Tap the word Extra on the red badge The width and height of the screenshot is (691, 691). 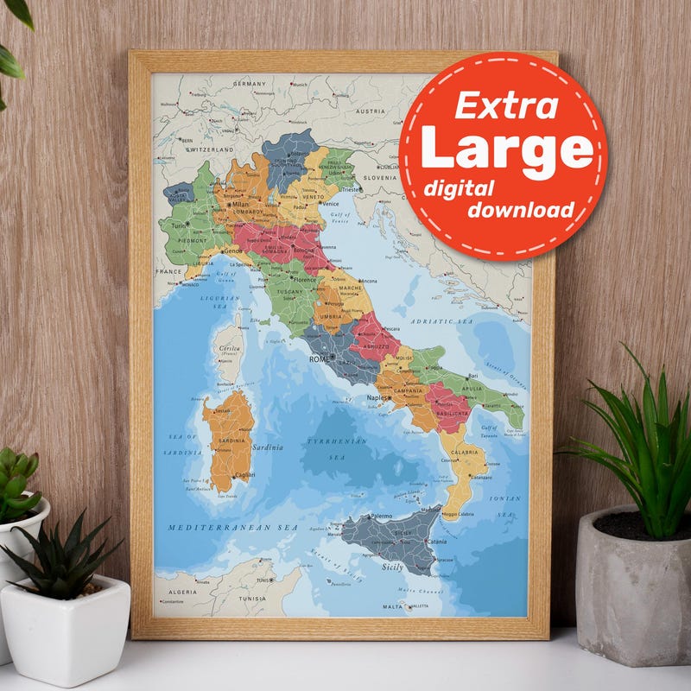(x=506, y=105)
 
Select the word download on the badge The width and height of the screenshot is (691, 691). (x=521, y=210)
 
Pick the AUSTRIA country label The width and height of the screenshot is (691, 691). (x=371, y=111)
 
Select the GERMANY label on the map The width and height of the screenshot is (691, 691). (x=250, y=84)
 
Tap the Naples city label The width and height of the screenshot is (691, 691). (x=378, y=397)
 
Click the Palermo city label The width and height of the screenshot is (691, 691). (x=381, y=517)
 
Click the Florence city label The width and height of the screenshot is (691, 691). (x=305, y=280)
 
